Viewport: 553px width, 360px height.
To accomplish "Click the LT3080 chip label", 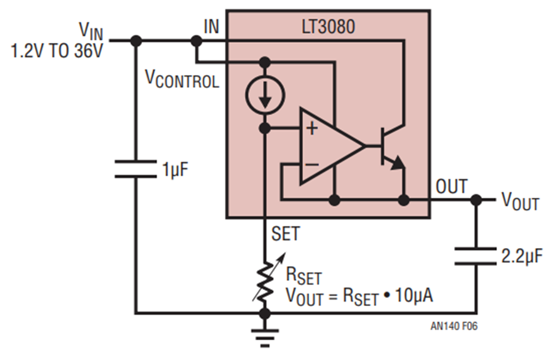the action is point(328,27).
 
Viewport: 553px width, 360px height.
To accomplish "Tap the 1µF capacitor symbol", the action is point(136,169).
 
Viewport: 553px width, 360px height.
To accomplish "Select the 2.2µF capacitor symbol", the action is point(476,256).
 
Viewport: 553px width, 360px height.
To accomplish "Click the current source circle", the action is point(265,95).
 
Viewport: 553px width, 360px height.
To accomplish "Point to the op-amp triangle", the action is point(332,146).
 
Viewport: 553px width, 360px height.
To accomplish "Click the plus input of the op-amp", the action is point(312,128).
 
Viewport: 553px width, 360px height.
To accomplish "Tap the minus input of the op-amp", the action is point(312,164).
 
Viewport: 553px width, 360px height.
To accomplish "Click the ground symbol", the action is point(265,338).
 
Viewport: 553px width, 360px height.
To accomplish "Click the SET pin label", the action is point(286,233).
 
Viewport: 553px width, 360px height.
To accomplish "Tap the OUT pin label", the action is point(452,187).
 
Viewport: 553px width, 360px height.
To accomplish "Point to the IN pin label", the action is point(211,26).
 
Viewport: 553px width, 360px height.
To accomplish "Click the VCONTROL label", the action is point(182,79).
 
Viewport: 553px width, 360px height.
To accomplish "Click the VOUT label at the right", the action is point(520,202).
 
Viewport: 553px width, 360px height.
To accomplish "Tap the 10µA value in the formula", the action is point(414,295).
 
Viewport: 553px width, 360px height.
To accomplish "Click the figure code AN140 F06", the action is point(454,326).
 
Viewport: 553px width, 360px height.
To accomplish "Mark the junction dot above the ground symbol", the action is point(265,313).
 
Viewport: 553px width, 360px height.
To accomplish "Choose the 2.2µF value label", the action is point(522,257).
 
